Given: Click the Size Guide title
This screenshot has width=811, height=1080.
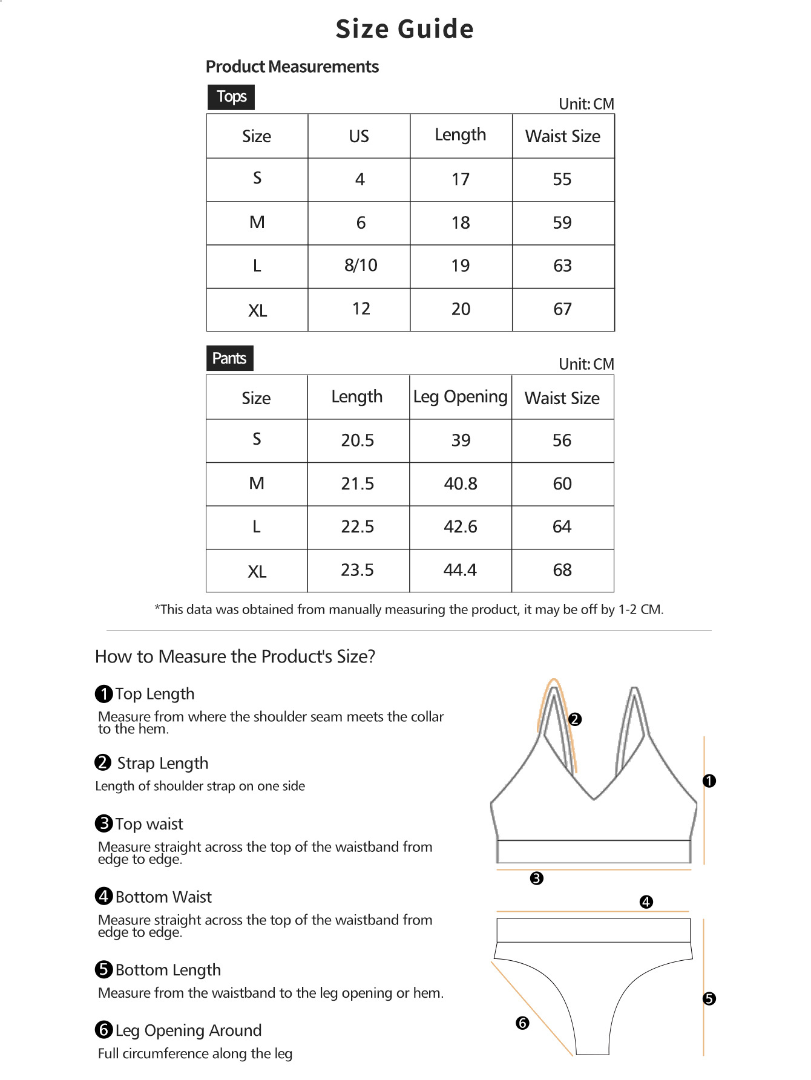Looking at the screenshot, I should (404, 29).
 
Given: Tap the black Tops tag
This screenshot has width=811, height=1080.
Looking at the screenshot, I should (231, 97).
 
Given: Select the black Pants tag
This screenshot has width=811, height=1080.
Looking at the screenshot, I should (229, 358).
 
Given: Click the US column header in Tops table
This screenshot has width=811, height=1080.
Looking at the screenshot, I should (359, 136).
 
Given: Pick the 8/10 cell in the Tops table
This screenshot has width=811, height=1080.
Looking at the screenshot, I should (361, 266).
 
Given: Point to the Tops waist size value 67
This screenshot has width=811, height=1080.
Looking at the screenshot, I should (562, 309).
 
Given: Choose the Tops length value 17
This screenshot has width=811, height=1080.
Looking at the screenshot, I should (461, 179).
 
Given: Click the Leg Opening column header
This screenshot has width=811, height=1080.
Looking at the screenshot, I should (460, 397).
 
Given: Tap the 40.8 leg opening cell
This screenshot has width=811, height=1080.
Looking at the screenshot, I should (461, 483).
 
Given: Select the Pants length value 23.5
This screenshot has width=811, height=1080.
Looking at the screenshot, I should (357, 570).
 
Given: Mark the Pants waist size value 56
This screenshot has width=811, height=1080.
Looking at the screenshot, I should (562, 440).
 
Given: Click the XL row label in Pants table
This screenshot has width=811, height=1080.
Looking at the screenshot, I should (257, 571).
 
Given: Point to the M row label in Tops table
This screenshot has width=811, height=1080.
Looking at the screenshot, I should (257, 223).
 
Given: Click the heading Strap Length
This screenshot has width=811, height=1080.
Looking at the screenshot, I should (162, 763).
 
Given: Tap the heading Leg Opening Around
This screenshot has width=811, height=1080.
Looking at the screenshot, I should (188, 1030).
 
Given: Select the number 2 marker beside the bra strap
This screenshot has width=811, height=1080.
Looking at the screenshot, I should (575, 719).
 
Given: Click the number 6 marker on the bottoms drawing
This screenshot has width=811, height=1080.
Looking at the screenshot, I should (522, 1023).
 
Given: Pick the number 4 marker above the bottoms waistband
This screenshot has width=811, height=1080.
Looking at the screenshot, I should (646, 902).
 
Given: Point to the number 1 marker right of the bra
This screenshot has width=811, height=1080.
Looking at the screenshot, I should (709, 781).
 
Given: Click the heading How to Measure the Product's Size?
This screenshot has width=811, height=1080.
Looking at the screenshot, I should (235, 656).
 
